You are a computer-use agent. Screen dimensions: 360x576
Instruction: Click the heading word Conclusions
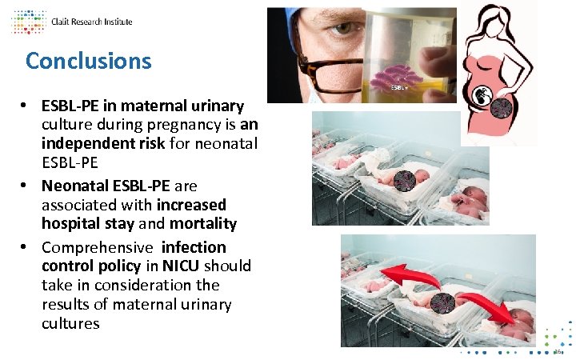pyautogui.click(x=88, y=61)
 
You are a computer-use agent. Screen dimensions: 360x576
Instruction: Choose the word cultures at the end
pyautogui.click(x=70, y=323)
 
